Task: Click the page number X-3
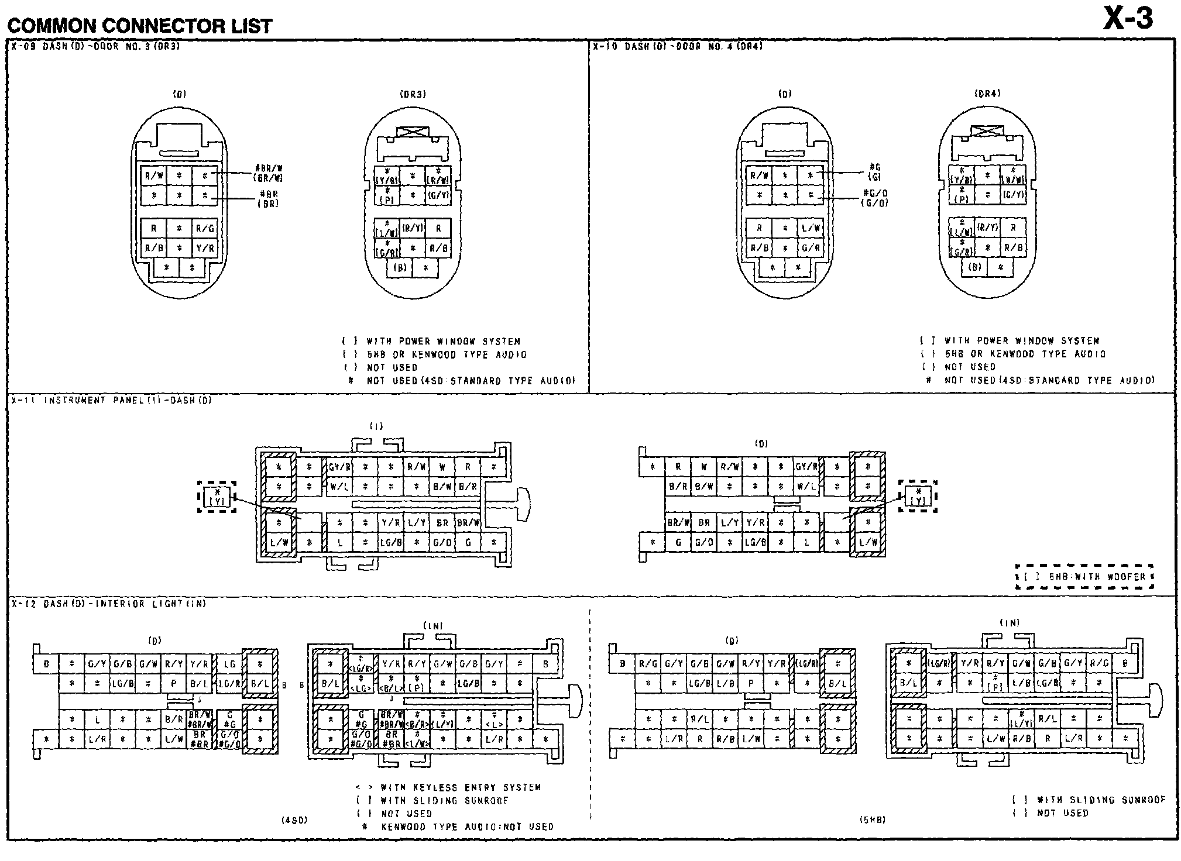point(1128,19)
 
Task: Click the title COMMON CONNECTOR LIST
point(139,26)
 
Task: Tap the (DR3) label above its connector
point(413,94)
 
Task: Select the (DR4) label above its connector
point(987,94)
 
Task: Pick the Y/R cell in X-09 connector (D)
point(205,248)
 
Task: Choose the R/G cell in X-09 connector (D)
point(205,229)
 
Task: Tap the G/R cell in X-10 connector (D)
point(811,248)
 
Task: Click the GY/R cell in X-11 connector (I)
point(339,467)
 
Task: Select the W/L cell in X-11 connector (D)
point(806,486)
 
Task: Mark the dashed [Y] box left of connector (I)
point(217,497)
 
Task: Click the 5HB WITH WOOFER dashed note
point(1084,577)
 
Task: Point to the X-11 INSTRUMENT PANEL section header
point(111,401)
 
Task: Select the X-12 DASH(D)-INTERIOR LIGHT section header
point(109,604)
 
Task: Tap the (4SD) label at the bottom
point(294,820)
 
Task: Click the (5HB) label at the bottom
point(872,820)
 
